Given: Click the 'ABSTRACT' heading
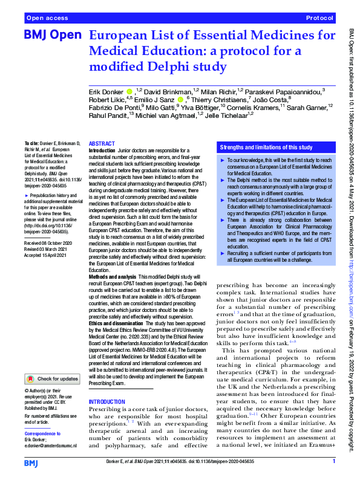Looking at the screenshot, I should point(102,144).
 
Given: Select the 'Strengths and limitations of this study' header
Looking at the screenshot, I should point(266,147).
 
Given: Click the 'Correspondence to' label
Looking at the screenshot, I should point(45,434).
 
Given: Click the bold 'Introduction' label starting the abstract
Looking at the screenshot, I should point(102,150).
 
